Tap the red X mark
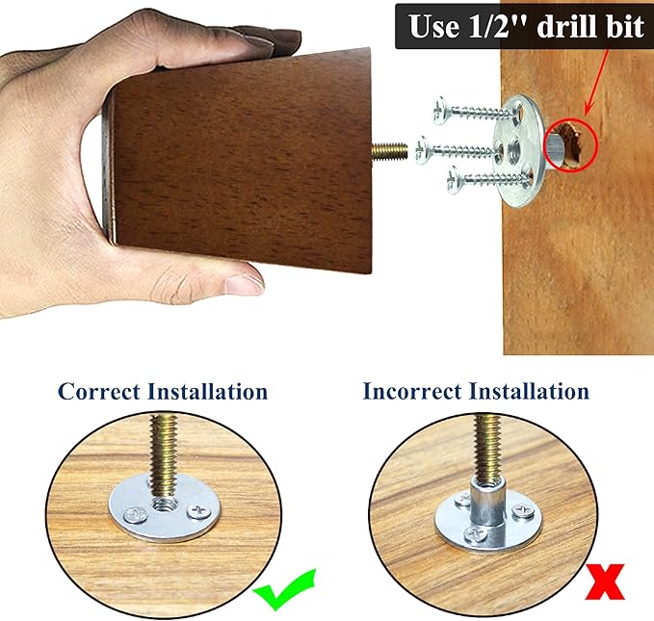click(x=605, y=582)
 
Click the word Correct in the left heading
click(x=99, y=392)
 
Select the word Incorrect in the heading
click(x=412, y=392)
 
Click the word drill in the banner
click(x=569, y=26)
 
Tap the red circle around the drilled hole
click(x=572, y=144)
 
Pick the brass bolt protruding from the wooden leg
click(x=389, y=151)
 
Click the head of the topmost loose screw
click(x=440, y=111)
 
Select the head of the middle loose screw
click(x=424, y=150)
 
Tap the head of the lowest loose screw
click(x=455, y=179)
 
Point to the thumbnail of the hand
click(x=244, y=284)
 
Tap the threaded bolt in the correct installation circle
click(x=164, y=458)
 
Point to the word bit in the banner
click(x=626, y=26)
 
